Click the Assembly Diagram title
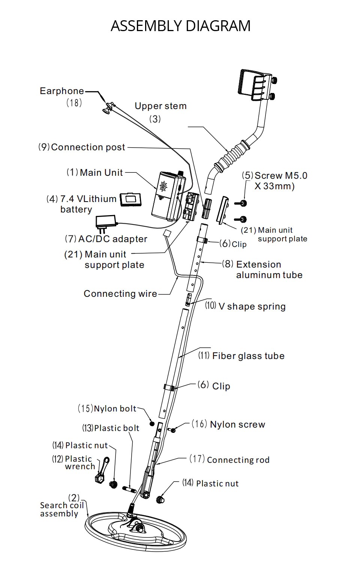click(180, 26)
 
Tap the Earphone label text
click(62, 91)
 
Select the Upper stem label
click(160, 106)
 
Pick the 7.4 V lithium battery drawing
click(130, 199)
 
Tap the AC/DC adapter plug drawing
click(106, 221)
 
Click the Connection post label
click(87, 147)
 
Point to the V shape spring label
click(252, 307)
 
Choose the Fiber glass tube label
click(248, 356)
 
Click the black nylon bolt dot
click(152, 423)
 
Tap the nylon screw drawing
click(172, 430)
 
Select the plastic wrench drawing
click(101, 470)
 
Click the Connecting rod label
click(238, 460)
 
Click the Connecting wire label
click(120, 294)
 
